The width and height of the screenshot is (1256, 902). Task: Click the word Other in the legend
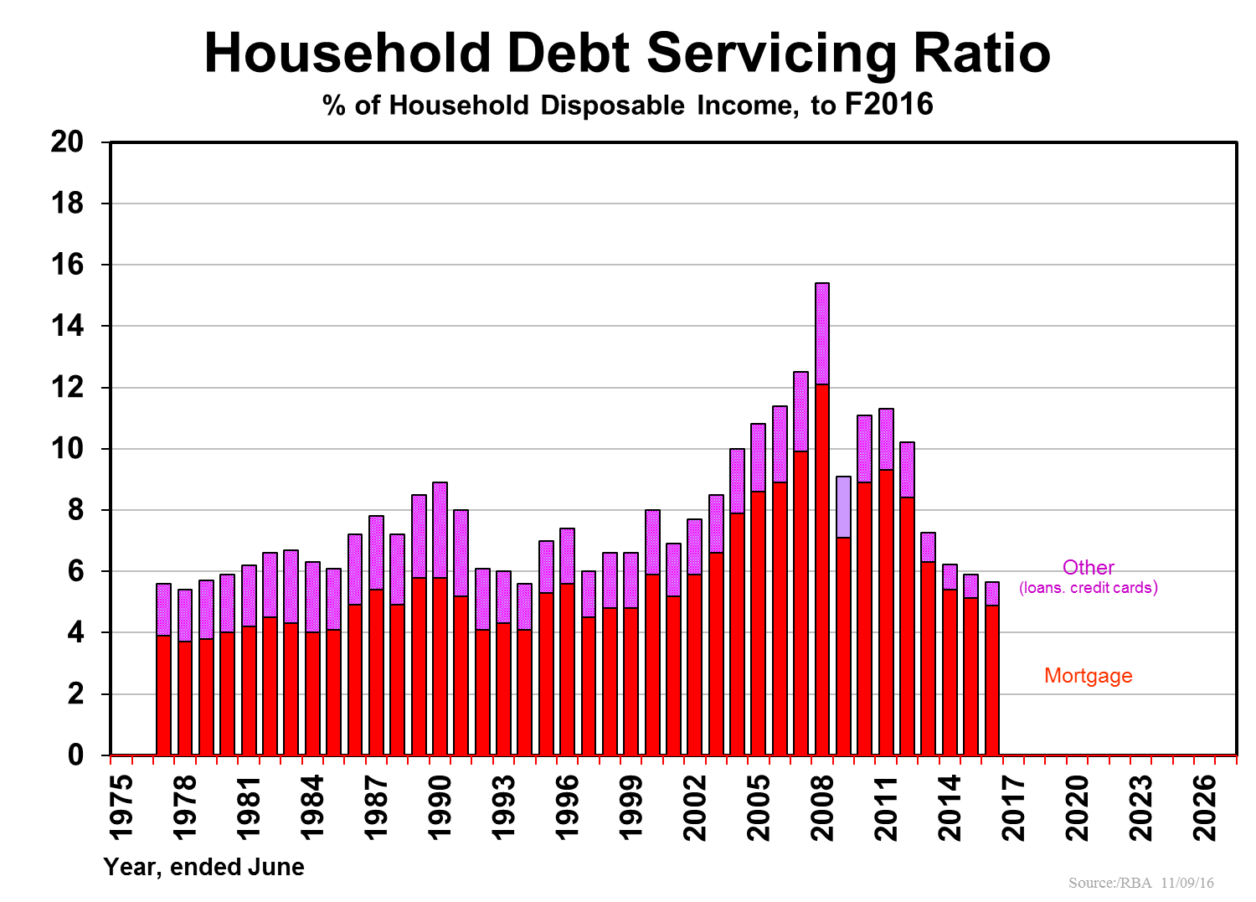click(x=1088, y=568)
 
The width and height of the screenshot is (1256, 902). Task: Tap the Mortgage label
click(x=1088, y=676)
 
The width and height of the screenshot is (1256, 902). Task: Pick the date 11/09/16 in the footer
click(x=1187, y=883)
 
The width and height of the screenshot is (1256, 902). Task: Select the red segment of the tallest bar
click(x=822, y=570)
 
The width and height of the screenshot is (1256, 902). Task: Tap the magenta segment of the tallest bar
click(x=822, y=333)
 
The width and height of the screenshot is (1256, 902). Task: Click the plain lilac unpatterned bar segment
click(x=843, y=507)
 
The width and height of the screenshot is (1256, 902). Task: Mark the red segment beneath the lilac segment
click(x=843, y=645)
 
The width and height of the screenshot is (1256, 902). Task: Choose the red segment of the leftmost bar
click(x=163, y=695)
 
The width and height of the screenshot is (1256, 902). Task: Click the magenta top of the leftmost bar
click(x=163, y=609)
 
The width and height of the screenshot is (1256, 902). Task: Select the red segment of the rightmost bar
click(x=992, y=679)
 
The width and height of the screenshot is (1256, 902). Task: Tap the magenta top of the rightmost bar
click(x=992, y=593)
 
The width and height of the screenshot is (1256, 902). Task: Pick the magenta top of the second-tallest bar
click(x=800, y=411)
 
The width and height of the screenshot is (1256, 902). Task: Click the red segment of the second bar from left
click(x=185, y=698)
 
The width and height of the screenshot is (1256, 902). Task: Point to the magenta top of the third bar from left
click(x=206, y=609)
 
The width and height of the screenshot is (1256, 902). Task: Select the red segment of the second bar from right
click(x=970, y=676)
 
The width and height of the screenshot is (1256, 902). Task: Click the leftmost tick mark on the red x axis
click(x=111, y=760)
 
